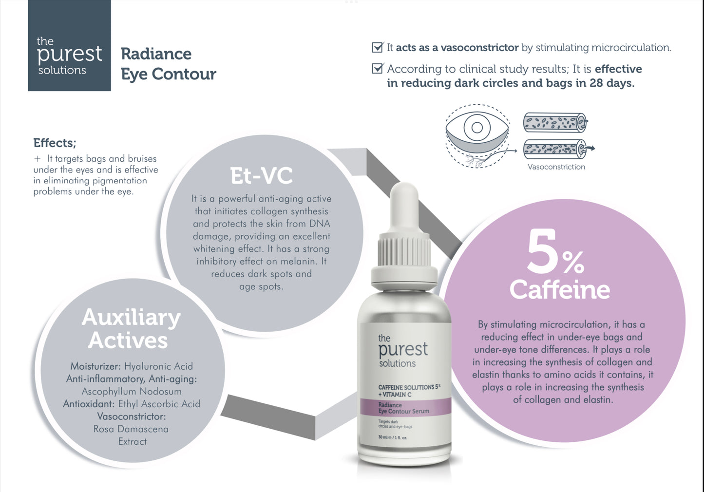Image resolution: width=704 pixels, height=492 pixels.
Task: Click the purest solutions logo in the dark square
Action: pyautogui.click(x=69, y=56)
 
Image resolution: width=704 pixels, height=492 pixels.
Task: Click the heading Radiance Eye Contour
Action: pyautogui.click(x=168, y=64)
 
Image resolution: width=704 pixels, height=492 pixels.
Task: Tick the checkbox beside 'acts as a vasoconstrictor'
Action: pyautogui.click(x=377, y=47)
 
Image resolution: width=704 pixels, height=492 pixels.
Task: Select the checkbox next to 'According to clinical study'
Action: pyautogui.click(x=377, y=68)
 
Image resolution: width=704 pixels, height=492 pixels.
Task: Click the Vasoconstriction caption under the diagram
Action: pyautogui.click(x=556, y=167)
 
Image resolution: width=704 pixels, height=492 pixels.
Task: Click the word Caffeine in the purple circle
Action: pyautogui.click(x=559, y=290)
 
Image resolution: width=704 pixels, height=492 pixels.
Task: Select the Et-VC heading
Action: pyautogui.click(x=262, y=176)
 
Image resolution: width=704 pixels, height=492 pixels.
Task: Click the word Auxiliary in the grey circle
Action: pyautogui.click(x=131, y=318)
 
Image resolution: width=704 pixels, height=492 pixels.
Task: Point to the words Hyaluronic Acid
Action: pyautogui.click(x=158, y=366)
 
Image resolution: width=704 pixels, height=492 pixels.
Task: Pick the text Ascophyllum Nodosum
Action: pyautogui.click(x=132, y=392)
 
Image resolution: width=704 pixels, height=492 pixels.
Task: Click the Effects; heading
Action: pyautogui.click(x=55, y=143)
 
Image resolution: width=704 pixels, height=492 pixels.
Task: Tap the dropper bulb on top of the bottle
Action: pyautogui.click(x=404, y=205)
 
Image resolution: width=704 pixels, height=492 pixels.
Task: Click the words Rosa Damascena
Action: pyautogui.click(x=131, y=429)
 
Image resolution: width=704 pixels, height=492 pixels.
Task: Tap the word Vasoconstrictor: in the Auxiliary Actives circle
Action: pyautogui.click(x=132, y=416)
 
